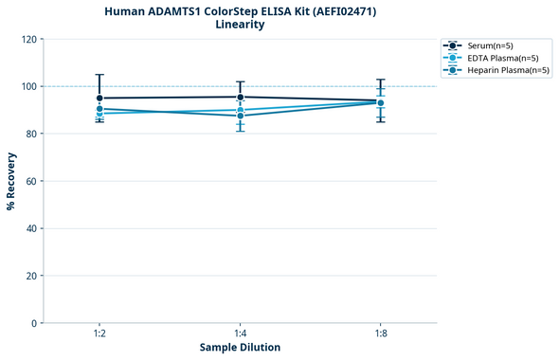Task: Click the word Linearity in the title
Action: coord(240,25)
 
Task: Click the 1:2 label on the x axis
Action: coord(99,333)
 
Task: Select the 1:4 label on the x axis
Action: coord(240,333)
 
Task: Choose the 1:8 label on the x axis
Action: coord(381,333)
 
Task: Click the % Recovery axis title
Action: coord(11,181)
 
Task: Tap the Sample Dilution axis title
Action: coord(240,348)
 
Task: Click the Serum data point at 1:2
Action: coord(99,98)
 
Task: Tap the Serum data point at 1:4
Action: coord(240,97)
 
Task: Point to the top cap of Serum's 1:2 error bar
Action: coord(99,75)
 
